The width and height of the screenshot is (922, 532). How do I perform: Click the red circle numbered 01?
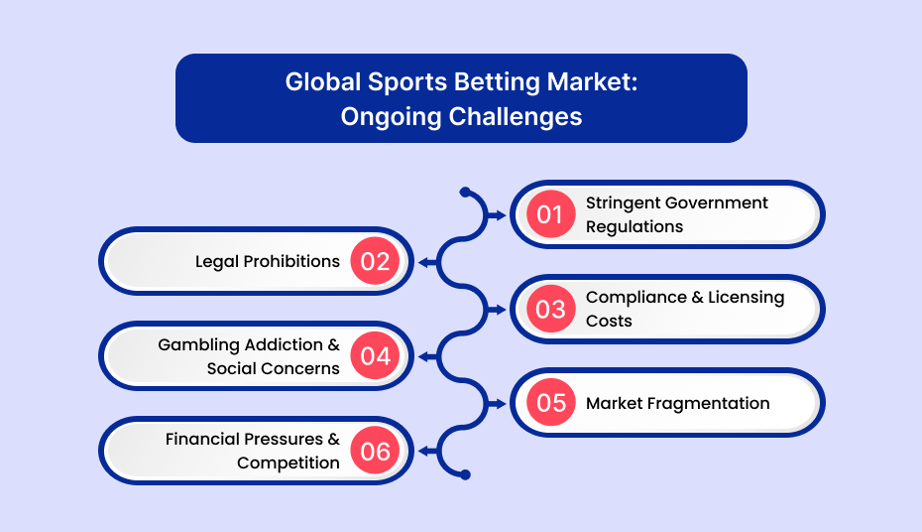(x=550, y=214)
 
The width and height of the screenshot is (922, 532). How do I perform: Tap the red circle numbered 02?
(x=375, y=261)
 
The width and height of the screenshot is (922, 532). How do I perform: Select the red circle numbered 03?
(x=550, y=309)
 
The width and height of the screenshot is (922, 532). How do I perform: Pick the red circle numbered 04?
(x=375, y=355)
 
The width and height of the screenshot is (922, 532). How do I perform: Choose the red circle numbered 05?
(x=550, y=403)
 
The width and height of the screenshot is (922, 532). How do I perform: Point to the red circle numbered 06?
(x=375, y=451)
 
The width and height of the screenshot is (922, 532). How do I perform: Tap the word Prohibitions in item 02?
(x=291, y=261)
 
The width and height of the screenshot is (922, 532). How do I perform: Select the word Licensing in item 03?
(x=747, y=298)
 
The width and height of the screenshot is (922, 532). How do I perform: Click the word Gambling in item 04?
(x=198, y=345)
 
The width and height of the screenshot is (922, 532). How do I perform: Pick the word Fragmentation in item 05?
(x=709, y=404)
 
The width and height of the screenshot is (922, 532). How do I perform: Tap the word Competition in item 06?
(x=288, y=464)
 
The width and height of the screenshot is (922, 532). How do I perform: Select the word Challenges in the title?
(x=516, y=117)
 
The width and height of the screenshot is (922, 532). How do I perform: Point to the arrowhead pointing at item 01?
(x=499, y=215)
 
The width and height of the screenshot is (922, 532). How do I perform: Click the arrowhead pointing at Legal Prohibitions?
(x=426, y=262)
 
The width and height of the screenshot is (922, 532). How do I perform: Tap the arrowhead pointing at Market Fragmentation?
(x=499, y=404)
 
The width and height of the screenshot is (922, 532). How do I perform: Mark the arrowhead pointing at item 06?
(x=426, y=452)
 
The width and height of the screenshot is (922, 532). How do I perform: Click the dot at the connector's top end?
(x=465, y=192)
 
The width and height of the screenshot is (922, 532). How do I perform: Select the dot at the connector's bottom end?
(x=465, y=474)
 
